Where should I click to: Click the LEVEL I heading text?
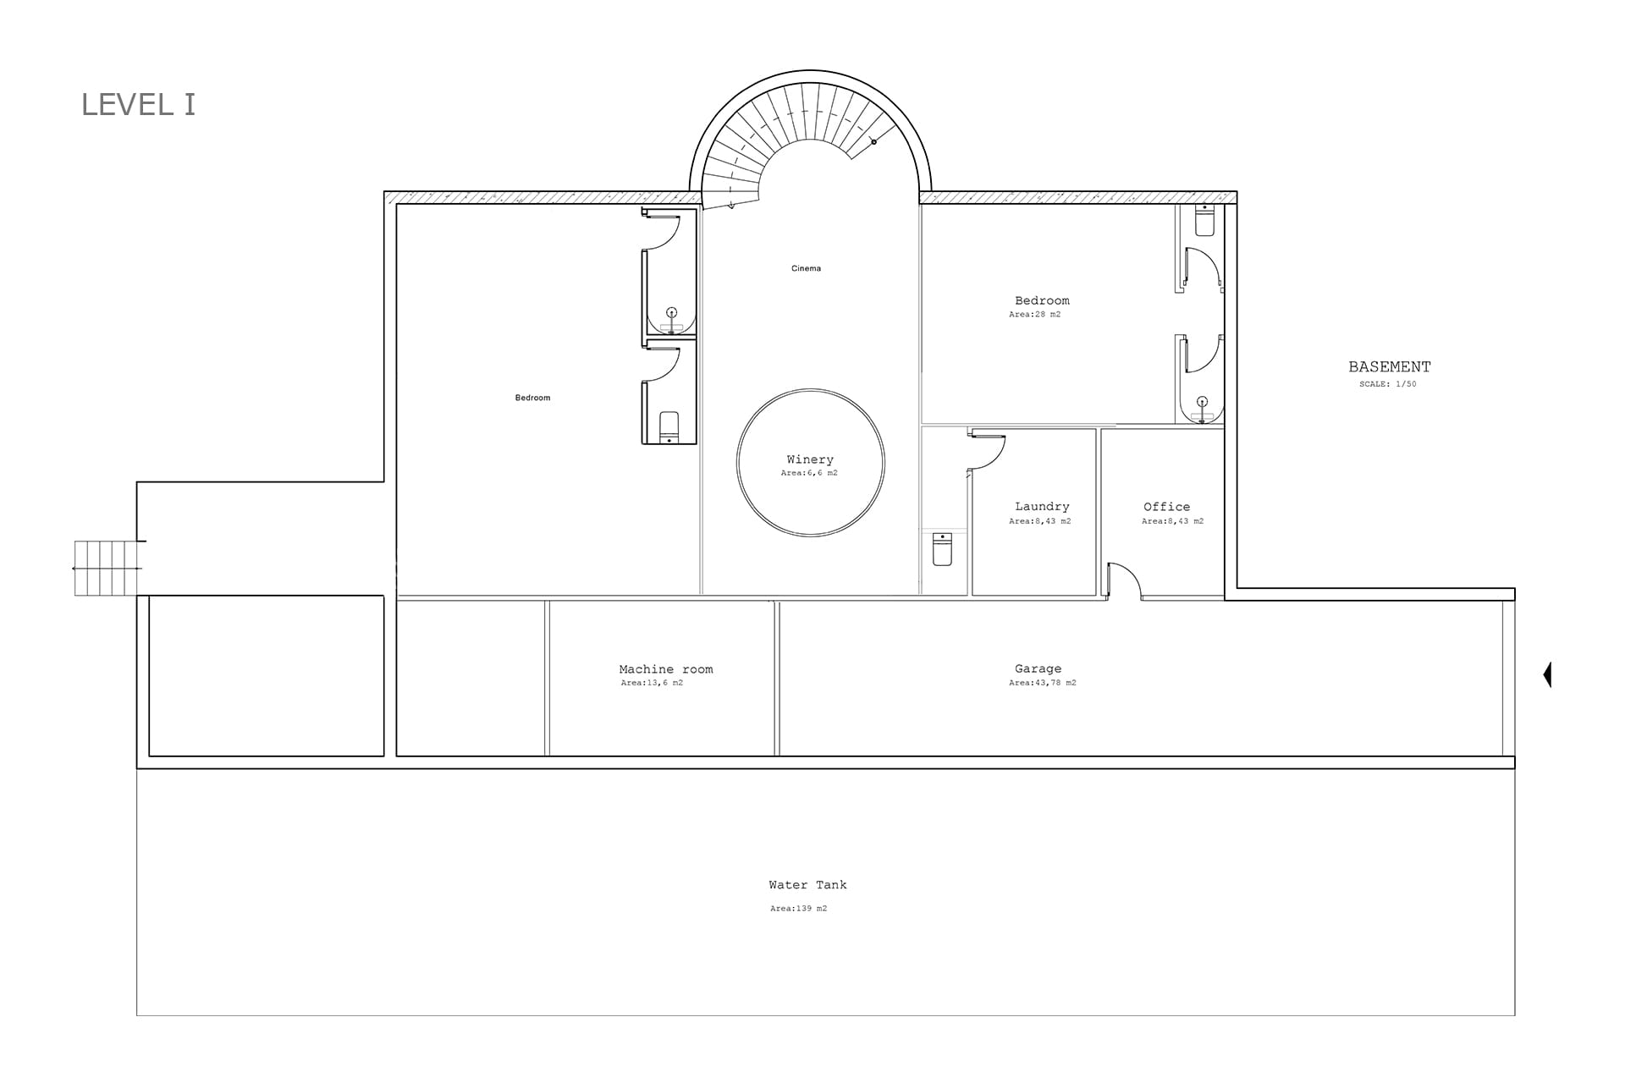point(138,105)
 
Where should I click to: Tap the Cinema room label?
point(806,268)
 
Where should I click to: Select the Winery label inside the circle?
point(810,459)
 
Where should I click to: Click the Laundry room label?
point(1042,507)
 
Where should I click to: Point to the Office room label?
point(1166,507)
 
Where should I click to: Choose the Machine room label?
point(666,669)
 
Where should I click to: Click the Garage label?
point(1038,668)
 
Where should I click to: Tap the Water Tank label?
point(807,885)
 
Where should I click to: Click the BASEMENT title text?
point(1390,367)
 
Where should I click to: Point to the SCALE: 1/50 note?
point(1388,384)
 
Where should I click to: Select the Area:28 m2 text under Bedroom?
point(1034,315)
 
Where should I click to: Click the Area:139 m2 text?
point(798,909)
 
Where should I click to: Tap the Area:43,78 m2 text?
point(1043,683)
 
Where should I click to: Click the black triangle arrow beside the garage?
point(1548,674)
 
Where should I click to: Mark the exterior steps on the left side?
point(107,568)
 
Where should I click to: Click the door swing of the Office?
point(1126,580)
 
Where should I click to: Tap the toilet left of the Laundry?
point(942,548)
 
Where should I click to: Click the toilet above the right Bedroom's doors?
point(1204,220)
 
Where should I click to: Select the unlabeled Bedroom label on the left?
point(532,398)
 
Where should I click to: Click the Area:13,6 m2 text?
point(652,683)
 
